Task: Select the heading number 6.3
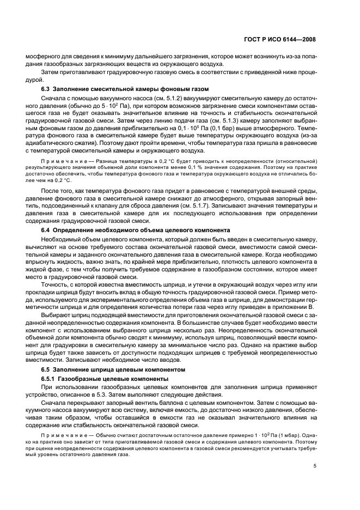47,89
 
